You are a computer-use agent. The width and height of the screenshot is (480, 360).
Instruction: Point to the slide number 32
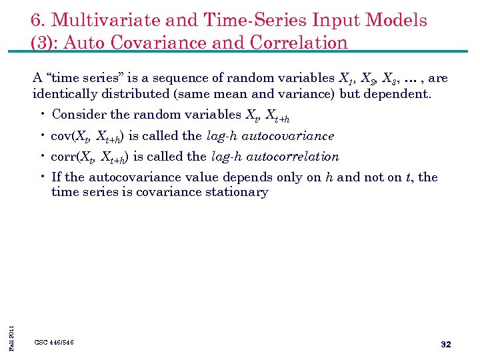coord(446,344)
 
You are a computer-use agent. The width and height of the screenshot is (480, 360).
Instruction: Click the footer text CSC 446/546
coord(54,343)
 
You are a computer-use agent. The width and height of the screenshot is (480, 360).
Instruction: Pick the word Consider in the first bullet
coord(75,115)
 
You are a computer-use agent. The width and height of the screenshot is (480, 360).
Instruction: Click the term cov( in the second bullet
coord(63,137)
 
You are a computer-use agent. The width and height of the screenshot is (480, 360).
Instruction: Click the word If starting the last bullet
coord(56,177)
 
